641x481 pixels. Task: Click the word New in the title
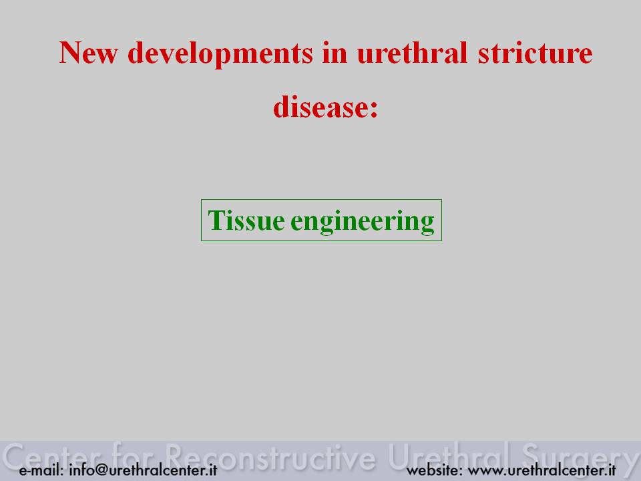(89, 53)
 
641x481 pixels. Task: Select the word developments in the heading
(220, 53)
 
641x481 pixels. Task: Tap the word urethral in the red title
(412, 53)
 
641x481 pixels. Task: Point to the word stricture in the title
(535, 53)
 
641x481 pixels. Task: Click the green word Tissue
(246, 220)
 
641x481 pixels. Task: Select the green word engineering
(362, 221)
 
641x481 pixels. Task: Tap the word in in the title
(335, 53)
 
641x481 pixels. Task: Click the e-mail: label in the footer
(41, 470)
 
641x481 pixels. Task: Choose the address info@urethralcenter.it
(143, 470)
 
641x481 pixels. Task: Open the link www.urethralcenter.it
(542, 470)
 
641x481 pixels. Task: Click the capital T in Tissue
(215, 220)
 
